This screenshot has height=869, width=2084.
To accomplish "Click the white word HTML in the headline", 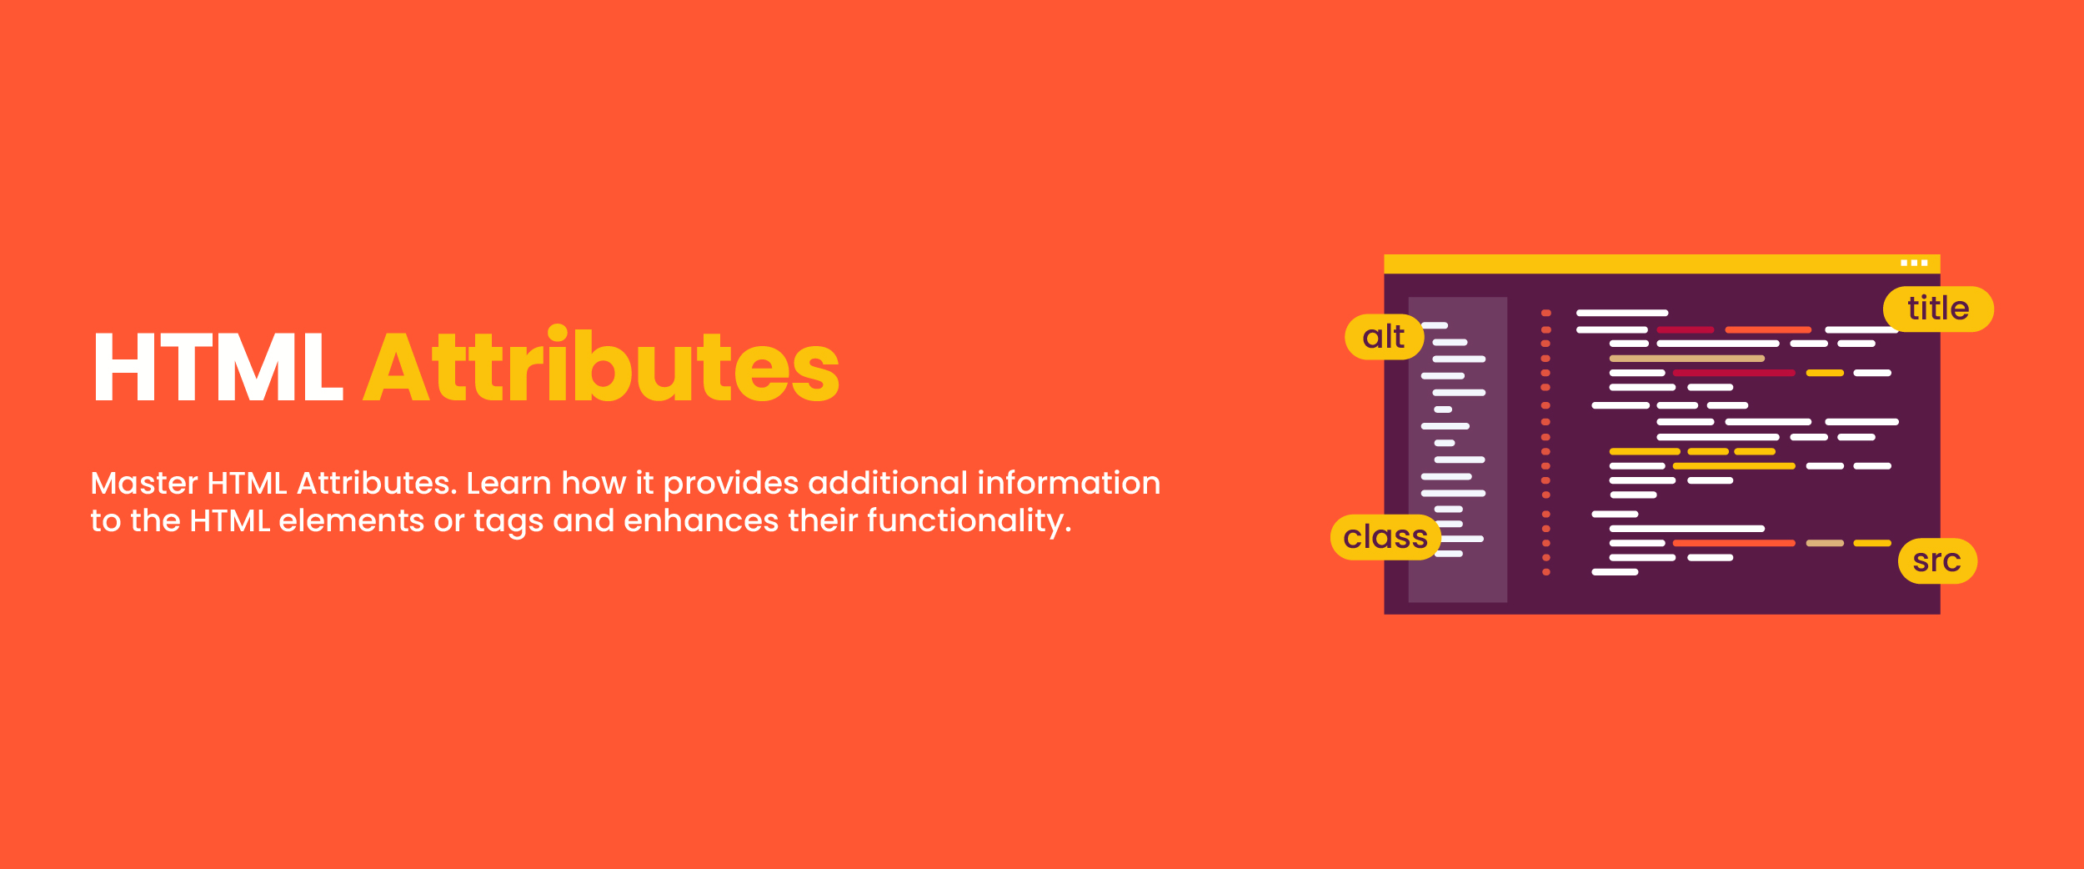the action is pyautogui.click(x=218, y=368).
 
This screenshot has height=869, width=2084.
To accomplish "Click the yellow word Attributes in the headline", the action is pyautogui.click(x=602, y=364).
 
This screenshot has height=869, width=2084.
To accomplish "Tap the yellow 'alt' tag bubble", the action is pyautogui.click(x=1384, y=337).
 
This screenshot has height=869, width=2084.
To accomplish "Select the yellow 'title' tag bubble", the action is pyautogui.click(x=1938, y=309).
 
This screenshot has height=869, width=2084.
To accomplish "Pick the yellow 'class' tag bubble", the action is pyautogui.click(x=1385, y=537).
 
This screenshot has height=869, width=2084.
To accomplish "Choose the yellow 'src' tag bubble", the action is pyautogui.click(x=1937, y=561).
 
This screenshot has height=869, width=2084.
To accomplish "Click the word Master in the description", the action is pyautogui.click(x=144, y=483).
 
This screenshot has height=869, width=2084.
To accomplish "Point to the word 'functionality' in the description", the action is pyautogui.click(x=965, y=521).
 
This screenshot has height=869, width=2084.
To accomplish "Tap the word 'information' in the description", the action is pyautogui.click(x=1069, y=483).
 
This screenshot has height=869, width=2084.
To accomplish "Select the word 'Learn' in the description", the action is pyautogui.click(x=508, y=483).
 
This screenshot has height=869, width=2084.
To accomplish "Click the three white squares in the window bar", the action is pyautogui.click(x=1914, y=263).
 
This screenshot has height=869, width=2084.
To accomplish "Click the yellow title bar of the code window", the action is pyautogui.click(x=1662, y=264).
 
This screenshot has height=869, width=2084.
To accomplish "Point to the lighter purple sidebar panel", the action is pyautogui.click(x=1457, y=450).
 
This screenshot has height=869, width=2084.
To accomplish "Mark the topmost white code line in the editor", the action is pyautogui.click(x=1622, y=313).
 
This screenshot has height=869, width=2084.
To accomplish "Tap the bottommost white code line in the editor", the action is pyautogui.click(x=1615, y=572).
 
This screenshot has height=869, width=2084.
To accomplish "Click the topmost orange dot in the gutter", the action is pyautogui.click(x=1545, y=313).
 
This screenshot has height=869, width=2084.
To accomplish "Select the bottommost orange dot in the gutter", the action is pyautogui.click(x=1545, y=572).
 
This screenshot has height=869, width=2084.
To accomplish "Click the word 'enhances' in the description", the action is pyautogui.click(x=699, y=521).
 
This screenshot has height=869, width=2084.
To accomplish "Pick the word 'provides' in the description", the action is pyautogui.click(x=731, y=485).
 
